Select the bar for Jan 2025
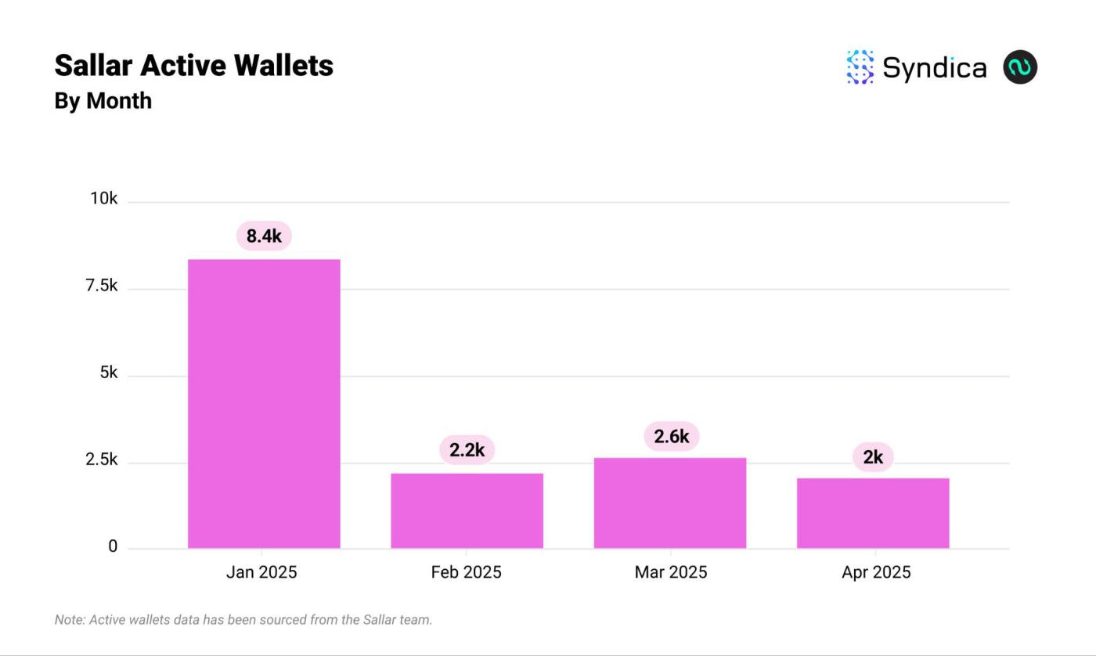click(x=264, y=403)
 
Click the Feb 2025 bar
click(x=467, y=510)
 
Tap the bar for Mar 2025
click(x=670, y=503)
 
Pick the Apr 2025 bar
click(x=873, y=513)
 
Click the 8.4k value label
click(x=264, y=236)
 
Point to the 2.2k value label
click(x=467, y=450)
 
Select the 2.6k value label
click(x=671, y=436)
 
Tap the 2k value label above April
click(x=873, y=457)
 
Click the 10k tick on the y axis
click(x=103, y=199)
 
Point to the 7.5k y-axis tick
click(x=102, y=286)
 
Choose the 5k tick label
click(x=108, y=373)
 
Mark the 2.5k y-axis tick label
click(x=102, y=460)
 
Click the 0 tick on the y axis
click(x=113, y=546)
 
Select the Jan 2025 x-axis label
click(x=261, y=572)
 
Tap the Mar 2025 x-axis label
click(x=671, y=572)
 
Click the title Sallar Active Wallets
click(x=193, y=66)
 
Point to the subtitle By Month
click(x=103, y=101)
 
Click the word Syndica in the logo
click(x=934, y=68)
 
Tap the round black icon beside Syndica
click(x=1020, y=67)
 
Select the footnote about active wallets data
click(x=243, y=620)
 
